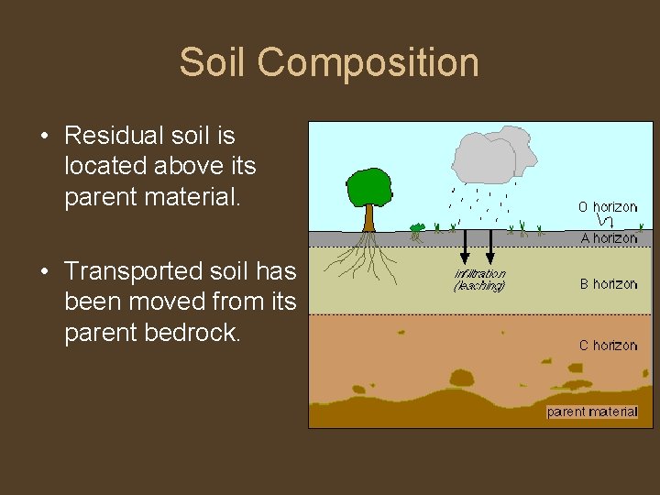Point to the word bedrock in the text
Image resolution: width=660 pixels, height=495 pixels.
click(x=193, y=333)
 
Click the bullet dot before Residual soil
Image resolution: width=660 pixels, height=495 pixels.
click(x=45, y=137)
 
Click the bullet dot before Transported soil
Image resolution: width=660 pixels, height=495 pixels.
click(x=45, y=272)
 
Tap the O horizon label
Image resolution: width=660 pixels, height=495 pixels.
click(x=607, y=207)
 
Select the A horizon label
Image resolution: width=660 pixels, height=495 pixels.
click(x=609, y=238)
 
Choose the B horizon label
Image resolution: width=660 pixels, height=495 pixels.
click(x=609, y=284)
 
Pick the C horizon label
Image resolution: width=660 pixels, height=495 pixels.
click(x=608, y=346)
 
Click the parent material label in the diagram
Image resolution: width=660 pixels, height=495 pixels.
click(x=591, y=412)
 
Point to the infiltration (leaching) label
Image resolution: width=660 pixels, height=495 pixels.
click(x=479, y=280)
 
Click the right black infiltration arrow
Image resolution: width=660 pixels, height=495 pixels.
click(x=490, y=246)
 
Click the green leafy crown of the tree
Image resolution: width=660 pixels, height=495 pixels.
click(x=368, y=188)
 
